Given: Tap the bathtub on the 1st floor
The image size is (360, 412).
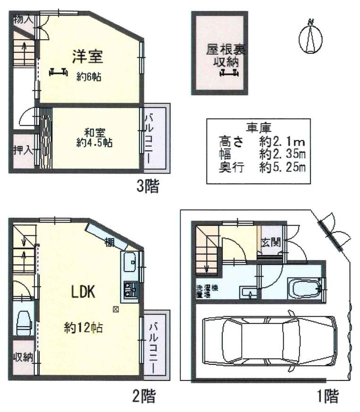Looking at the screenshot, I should click(x=305, y=288).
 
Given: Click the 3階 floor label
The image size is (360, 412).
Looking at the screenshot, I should click(x=148, y=188).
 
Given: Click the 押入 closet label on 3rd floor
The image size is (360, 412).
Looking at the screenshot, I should click(x=23, y=150).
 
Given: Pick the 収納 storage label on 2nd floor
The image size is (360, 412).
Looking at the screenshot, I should click(x=22, y=357).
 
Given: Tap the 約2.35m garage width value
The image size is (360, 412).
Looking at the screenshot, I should click(x=282, y=153).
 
